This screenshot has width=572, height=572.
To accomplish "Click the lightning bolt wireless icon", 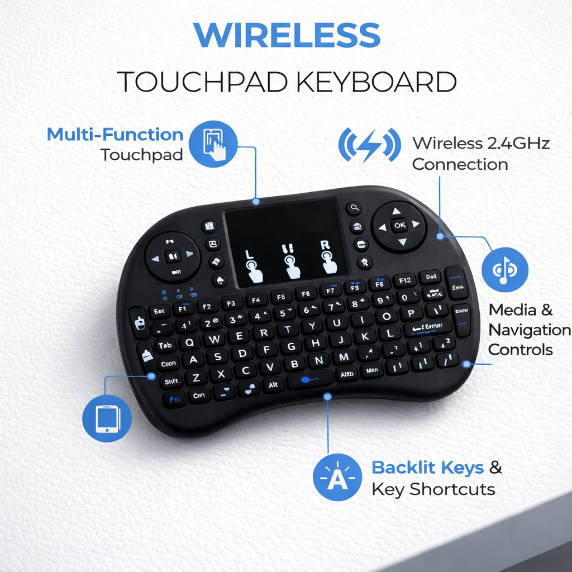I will (369, 145).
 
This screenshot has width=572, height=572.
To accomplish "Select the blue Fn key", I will (174, 399).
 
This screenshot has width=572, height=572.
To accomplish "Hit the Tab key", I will (165, 346).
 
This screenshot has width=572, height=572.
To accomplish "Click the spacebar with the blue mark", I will (310, 380).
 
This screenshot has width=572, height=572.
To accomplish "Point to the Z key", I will (196, 378).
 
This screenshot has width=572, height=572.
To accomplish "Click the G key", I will (291, 346).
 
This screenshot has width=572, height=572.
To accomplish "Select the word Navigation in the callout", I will (529, 330).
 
